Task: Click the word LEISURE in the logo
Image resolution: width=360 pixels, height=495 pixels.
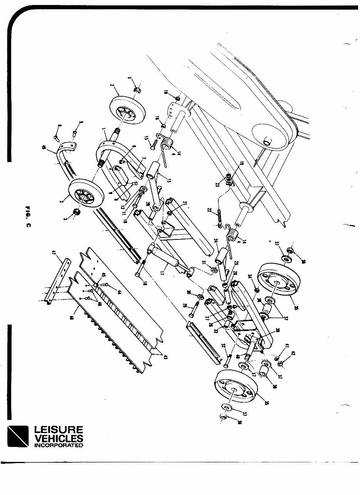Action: tap(58, 430)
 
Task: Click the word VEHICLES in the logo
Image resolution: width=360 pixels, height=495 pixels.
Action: tap(58, 438)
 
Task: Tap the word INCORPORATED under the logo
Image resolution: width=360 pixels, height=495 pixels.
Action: tap(58, 445)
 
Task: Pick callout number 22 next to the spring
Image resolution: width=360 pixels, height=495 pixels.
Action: tap(209, 211)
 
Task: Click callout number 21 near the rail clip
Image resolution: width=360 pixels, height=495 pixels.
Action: tap(184, 203)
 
